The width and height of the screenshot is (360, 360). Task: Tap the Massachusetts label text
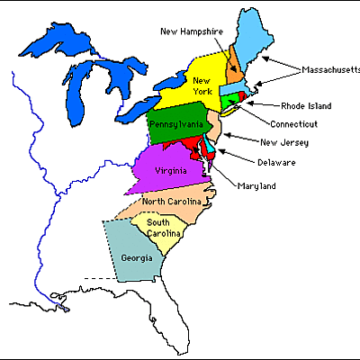click(330, 69)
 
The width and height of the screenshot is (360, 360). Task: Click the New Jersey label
click(283, 142)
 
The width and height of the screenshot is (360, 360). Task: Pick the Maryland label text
click(257, 186)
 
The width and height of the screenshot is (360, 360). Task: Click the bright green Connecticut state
click(231, 98)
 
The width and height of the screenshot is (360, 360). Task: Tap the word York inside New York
click(202, 92)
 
